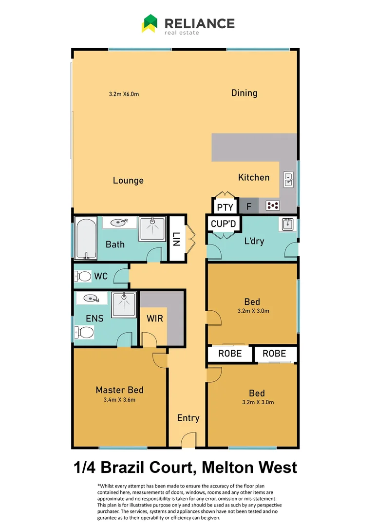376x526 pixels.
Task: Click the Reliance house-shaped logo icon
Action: tap(150, 23)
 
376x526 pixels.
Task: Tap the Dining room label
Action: tap(244, 93)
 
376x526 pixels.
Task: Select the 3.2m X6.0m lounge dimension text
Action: tap(124, 94)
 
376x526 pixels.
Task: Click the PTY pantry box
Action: tap(225, 207)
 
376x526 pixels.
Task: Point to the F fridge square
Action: tap(249, 207)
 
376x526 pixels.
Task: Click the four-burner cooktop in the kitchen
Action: tap(273, 206)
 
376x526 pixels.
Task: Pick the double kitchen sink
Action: tap(288, 180)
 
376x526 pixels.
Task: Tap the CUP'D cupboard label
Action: tap(224, 224)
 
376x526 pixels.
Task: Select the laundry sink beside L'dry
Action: tap(286, 224)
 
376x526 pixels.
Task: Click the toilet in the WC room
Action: tap(84, 277)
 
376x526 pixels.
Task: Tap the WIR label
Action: tap(155, 319)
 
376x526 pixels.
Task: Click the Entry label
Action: tap(188, 418)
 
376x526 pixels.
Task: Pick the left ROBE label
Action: tap(230, 354)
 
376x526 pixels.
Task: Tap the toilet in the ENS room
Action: tap(85, 333)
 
